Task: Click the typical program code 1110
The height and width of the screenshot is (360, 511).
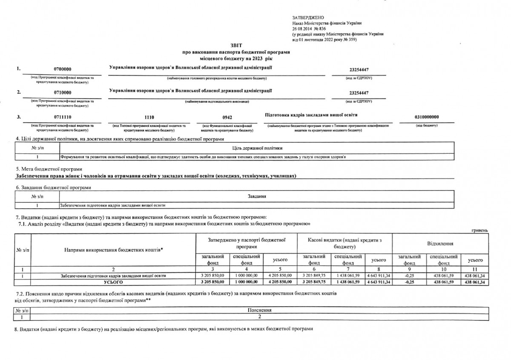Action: [x=149, y=117]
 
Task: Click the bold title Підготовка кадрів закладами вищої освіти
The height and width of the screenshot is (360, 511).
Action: [x=311, y=115]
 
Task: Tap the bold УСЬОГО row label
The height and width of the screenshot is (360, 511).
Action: [x=113, y=282]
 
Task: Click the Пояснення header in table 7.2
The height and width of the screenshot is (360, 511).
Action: [x=259, y=311]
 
